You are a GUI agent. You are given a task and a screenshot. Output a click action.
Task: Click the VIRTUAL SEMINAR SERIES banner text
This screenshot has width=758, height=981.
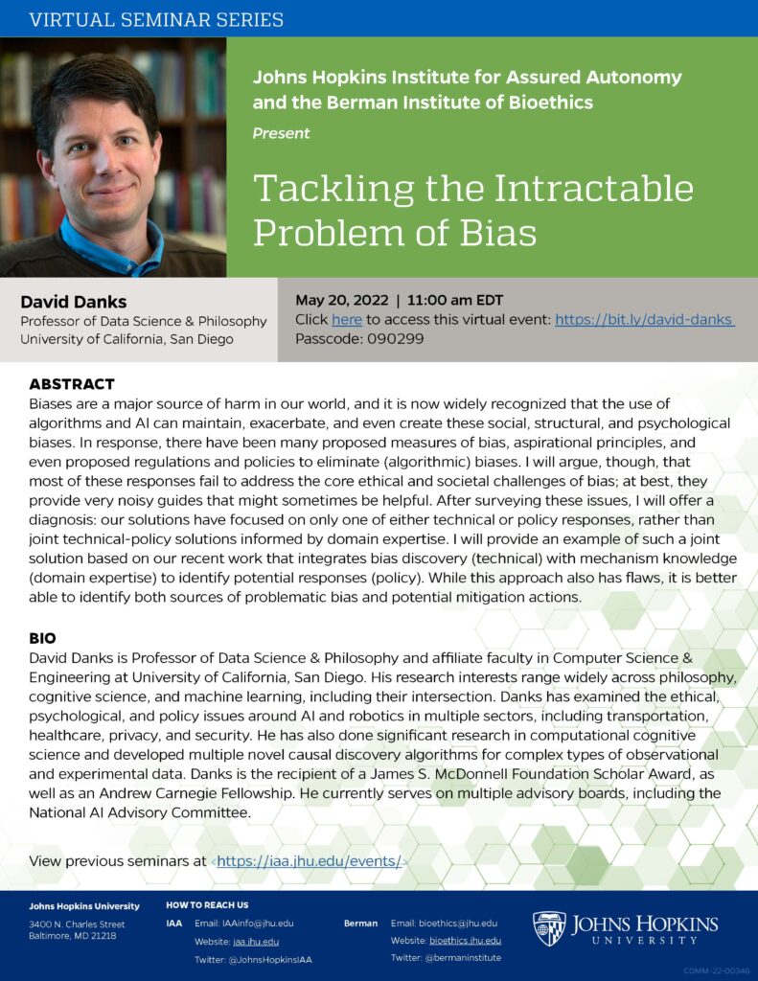[x=157, y=19]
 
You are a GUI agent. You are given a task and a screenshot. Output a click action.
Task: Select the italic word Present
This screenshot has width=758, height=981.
[x=281, y=133]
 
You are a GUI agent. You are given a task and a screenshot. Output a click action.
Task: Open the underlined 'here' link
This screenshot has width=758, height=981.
[x=347, y=320]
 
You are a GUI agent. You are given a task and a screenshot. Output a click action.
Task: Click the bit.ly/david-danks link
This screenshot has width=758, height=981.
[x=644, y=320]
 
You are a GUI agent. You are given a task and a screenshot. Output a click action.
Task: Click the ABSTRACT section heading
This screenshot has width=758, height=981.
[x=72, y=384]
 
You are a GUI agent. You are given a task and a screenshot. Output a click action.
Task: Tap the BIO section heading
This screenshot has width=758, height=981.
[x=42, y=637]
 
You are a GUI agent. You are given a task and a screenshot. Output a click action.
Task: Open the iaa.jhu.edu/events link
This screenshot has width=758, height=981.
[x=309, y=861]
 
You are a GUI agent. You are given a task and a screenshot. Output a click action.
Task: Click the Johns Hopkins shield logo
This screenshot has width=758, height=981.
[x=549, y=928]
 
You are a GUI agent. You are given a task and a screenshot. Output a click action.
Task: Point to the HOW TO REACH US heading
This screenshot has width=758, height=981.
[x=207, y=905]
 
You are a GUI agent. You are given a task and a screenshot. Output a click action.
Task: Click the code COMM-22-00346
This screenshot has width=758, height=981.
[x=718, y=970]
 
